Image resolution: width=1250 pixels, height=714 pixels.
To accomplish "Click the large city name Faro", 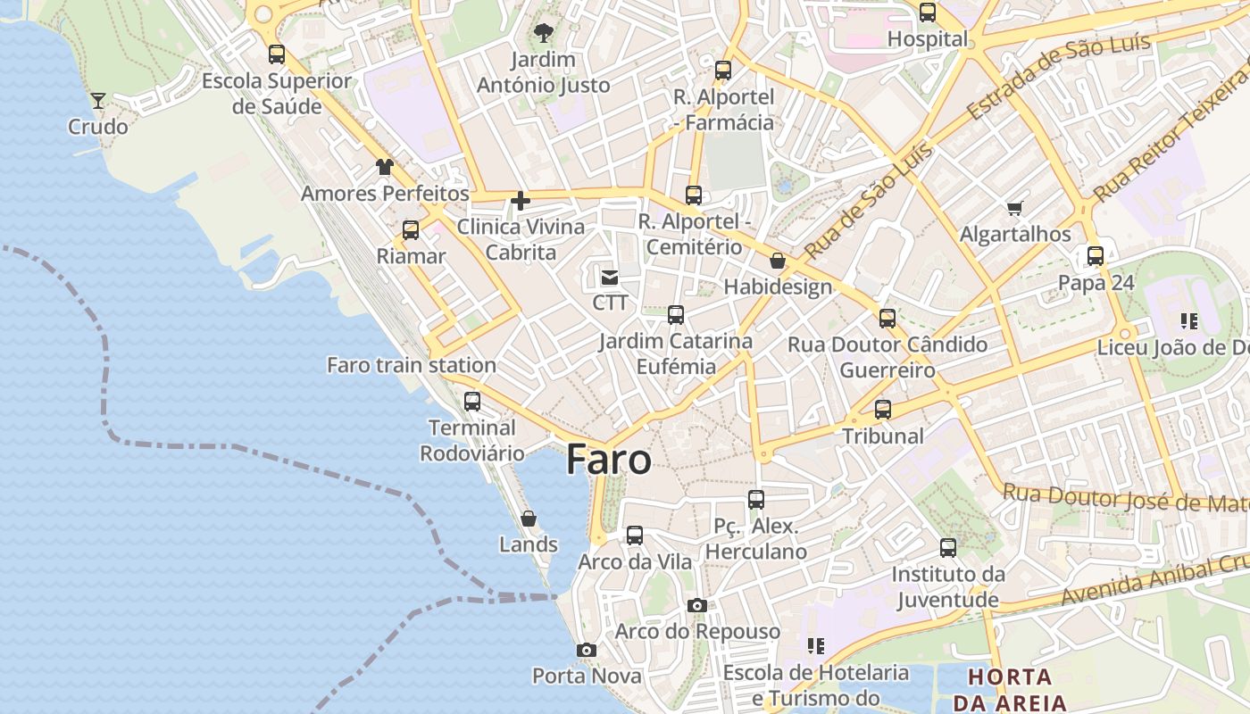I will (x=609, y=460).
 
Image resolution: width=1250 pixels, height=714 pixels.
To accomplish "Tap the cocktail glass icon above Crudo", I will (x=98, y=100).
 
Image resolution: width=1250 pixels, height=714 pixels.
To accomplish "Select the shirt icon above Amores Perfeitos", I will (x=384, y=167).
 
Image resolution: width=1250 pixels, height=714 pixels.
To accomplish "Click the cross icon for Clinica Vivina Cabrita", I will (x=521, y=201).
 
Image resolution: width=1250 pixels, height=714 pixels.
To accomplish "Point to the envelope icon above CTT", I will (x=610, y=278).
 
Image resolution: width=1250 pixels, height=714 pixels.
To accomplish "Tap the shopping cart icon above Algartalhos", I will (x=1014, y=208).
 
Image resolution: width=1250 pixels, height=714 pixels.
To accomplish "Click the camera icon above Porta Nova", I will (x=586, y=650).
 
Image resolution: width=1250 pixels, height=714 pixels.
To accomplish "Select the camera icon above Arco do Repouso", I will (x=697, y=605).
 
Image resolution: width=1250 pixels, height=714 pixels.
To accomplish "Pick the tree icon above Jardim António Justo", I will (x=543, y=34).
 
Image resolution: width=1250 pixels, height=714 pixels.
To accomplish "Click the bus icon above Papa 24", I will (x=1096, y=256).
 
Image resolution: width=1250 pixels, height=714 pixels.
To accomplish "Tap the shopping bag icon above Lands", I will (x=529, y=519).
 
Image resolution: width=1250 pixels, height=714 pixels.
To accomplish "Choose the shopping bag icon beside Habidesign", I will (x=778, y=261).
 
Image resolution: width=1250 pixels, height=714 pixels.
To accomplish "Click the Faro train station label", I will (x=412, y=365).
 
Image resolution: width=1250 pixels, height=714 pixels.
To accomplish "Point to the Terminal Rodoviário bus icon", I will (x=472, y=402).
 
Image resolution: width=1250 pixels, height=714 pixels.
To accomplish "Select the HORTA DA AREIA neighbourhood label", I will (x=1009, y=688).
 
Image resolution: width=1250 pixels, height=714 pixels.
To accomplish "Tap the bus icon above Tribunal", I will (x=883, y=410).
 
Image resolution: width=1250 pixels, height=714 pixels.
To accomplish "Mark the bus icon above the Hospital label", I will (x=928, y=12).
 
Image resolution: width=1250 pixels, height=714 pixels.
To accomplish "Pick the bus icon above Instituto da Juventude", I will (x=948, y=547).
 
